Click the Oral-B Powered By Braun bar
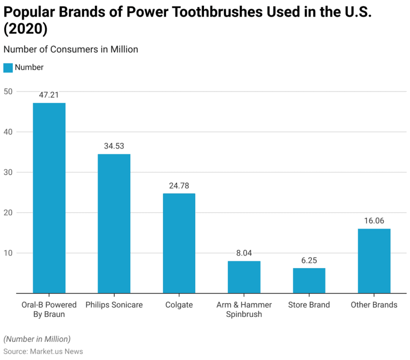coord(49,198)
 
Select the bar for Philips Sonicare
coord(114,223)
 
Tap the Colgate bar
coord(179,243)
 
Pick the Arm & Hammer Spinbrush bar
coord(244,277)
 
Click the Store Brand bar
coord(309,280)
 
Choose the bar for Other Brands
coord(374,261)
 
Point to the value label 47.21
coord(49,95)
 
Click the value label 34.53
coord(114,146)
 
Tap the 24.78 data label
coord(179,186)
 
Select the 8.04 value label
coord(244,253)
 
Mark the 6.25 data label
coord(309,260)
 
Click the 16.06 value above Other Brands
coord(374,221)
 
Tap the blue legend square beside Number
coord(8,67)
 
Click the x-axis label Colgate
coord(179,305)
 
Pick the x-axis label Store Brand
coord(309,305)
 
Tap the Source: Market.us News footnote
coord(43,351)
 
